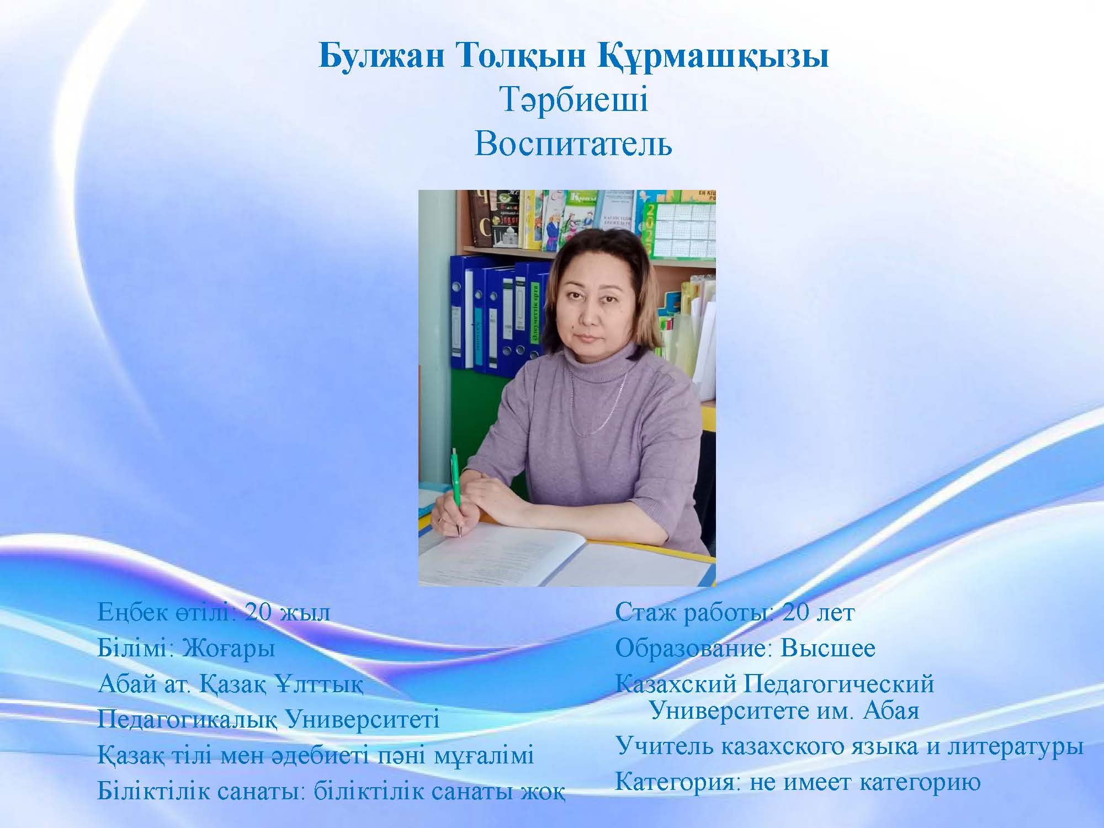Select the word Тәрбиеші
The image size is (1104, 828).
(x=574, y=100)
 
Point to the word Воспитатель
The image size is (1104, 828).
(x=574, y=145)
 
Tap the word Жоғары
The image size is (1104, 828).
(x=229, y=649)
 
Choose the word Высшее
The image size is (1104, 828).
(x=827, y=649)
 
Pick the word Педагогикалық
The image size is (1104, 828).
(x=187, y=721)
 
